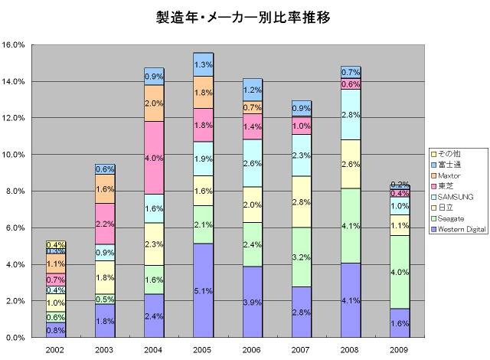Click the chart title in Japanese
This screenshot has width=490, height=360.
(x=244, y=17)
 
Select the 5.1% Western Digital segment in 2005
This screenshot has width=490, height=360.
(x=203, y=290)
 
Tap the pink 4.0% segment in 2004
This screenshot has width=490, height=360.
(x=154, y=158)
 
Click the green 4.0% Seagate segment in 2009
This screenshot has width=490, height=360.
(x=399, y=272)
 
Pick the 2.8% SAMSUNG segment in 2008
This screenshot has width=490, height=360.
(x=350, y=115)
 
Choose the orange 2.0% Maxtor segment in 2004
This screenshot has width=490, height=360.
(x=154, y=103)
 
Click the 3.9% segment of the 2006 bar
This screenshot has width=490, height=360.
(x=252, y=302)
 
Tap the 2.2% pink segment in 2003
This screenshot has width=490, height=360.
(x=105, y=224)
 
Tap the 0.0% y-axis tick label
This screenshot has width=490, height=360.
(x=16, y=337)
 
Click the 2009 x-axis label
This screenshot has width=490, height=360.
(x=399, y=349)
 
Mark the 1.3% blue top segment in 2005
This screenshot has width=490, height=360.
(x=203, y=64)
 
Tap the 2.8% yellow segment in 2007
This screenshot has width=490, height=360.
(x=301, y=201)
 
